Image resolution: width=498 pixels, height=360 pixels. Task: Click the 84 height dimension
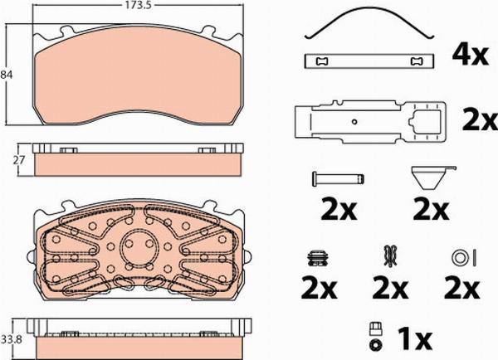[x=7, y=75]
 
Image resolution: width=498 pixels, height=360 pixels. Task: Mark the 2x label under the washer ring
[x=462, y=289]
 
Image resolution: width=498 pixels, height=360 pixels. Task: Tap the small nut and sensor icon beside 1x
[x=374, y=336]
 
